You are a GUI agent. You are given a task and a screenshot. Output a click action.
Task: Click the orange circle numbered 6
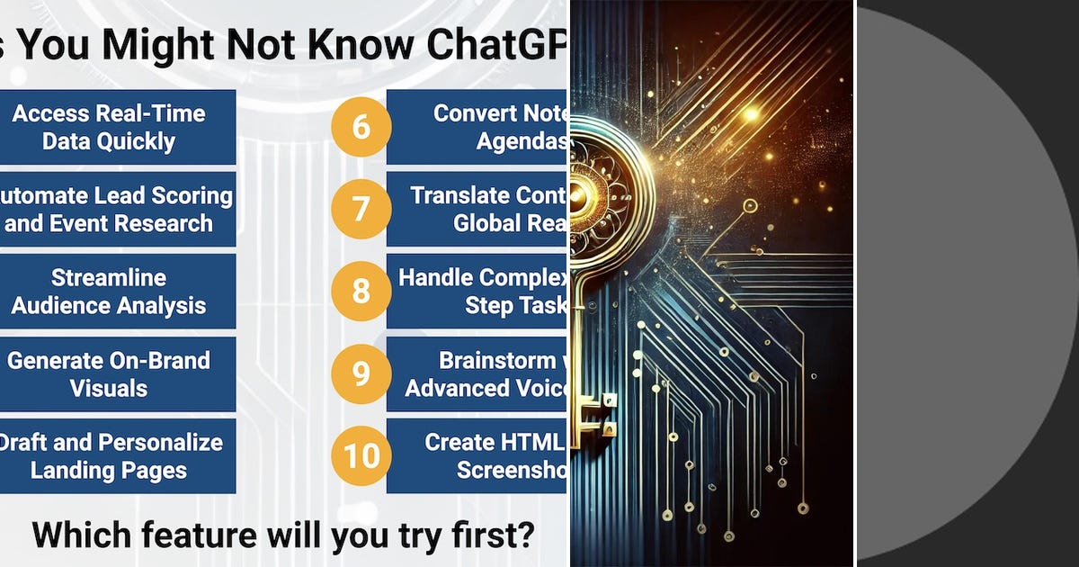tap(361, 126)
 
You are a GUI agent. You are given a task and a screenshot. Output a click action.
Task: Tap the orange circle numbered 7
tap(361, 209)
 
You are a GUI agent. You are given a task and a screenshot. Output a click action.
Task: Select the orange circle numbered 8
tap(361, 291)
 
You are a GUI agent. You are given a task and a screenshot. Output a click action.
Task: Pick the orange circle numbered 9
tap(361, 373)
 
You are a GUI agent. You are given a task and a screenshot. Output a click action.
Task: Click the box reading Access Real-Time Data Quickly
tap(112, 127)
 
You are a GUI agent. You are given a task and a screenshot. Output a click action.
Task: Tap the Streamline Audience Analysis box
tap(112, 291)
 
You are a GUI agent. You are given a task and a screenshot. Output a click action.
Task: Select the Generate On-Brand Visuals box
tap(112, 373)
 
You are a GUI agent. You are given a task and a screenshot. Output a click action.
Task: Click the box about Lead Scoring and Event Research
tap(112, 209)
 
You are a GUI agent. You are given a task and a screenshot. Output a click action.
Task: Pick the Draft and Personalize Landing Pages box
tap(112, 455)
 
